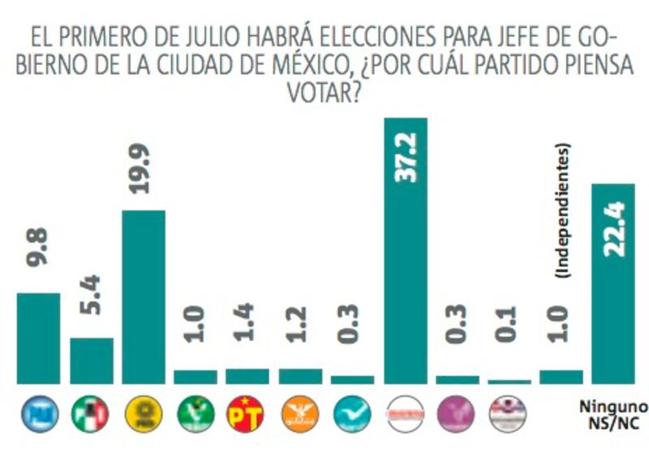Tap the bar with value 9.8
pyautogui.click(x=38, y=337)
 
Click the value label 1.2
pyautogui.click(x=299, y=323)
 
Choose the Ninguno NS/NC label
pyautogui.click(x=614, y=413)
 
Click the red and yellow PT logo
pyautogui.click(x=247, y=413)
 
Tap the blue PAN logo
pyautogui.click(x=39, y=414)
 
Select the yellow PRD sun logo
pyautogui.click(x=144, y=414)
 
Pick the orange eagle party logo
pyautogui.click(x=299, y=414)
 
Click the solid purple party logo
pyautogui.click(x=456, y=414)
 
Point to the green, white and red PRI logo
pyautogui.click(x=91, y=414)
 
